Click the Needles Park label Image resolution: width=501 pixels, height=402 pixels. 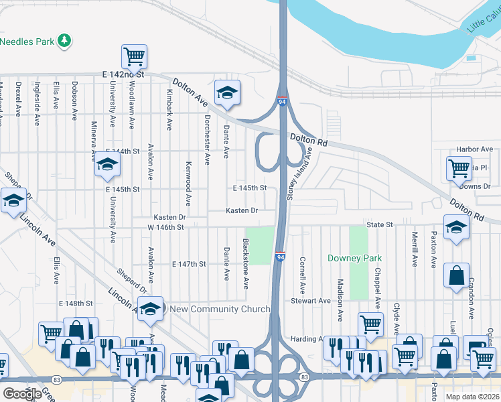click(27, 42)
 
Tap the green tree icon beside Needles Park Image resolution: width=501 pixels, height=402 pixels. click(65, 41)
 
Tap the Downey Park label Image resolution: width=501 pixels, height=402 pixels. click(354, 258)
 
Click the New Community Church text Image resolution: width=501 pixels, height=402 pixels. click(220, 309)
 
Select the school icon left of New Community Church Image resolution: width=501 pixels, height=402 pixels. click(151, 308)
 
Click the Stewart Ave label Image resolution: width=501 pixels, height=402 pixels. click(311, 301)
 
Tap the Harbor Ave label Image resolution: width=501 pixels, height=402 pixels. click(474, 149)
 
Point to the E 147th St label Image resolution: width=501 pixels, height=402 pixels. click(188, 265)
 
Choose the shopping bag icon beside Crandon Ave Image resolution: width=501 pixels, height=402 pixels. click(456, 274)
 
